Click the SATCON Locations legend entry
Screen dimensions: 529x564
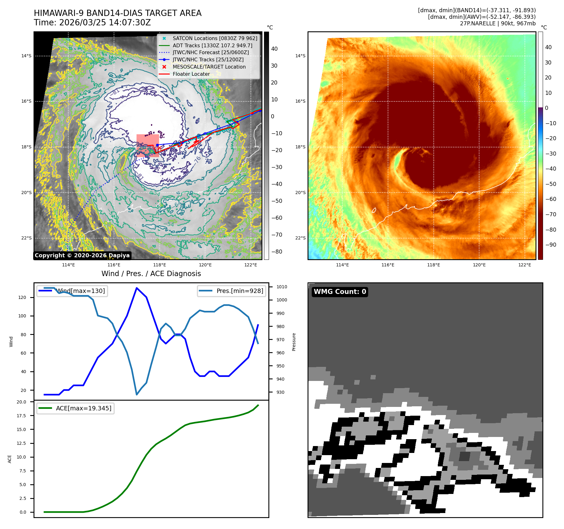click(x=215, y=38)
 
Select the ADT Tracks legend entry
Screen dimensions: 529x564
click(x=212, y=45)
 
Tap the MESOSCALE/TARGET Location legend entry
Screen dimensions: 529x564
click(x=209, y=67)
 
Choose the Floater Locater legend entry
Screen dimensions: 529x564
click(x=191, y=74)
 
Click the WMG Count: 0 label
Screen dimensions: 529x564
click(x=340, y=292)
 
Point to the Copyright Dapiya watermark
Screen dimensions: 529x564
click(x=82, y=255)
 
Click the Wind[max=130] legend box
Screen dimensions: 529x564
click(x=72, y=291)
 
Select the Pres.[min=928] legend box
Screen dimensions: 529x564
click(x=231, y=291)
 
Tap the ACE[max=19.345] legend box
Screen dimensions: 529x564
click(x=75, y=408)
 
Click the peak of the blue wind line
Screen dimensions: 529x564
click(x=137, y=288)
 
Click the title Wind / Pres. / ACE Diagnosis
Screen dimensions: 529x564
click(x=151, y=274)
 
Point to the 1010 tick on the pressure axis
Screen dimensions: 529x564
click(x=282, y=287)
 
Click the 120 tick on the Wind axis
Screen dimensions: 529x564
click(x=22, y=297)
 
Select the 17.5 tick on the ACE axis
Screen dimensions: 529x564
click(x=21, y=416)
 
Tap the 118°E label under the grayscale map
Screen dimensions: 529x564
click(x=159, y=265)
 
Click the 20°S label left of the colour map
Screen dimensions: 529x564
click(x=300, y=193)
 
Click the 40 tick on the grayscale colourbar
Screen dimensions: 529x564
click(x=274, y=49)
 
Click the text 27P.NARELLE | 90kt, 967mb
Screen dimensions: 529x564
click(x=498, y=23)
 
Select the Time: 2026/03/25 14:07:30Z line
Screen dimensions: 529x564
click(x=92, y=23)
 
